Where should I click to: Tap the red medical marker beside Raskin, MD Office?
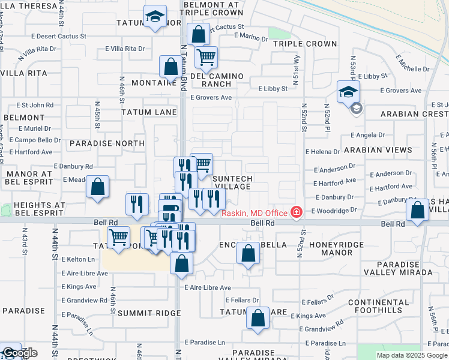tap(295, 212)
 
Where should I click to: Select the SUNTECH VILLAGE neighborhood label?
tap(233, 182)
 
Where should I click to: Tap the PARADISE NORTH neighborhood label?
tap(106, 143)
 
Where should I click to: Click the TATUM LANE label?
tap(149, 112)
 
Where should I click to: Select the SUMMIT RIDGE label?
tap(149, 313)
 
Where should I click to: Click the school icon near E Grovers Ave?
tap(348, 92)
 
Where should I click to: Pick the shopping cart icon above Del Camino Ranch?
tap(206, 58)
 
